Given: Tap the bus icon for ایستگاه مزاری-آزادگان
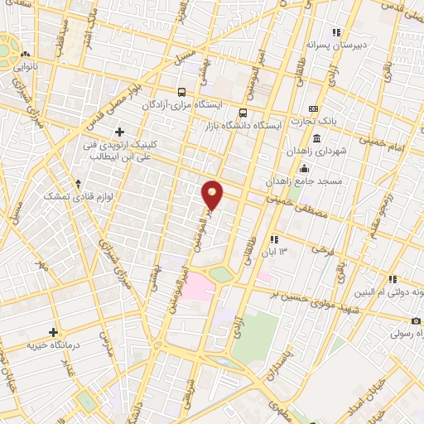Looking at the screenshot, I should [181, 92].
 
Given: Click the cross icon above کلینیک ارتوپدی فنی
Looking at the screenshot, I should [121, 131].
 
